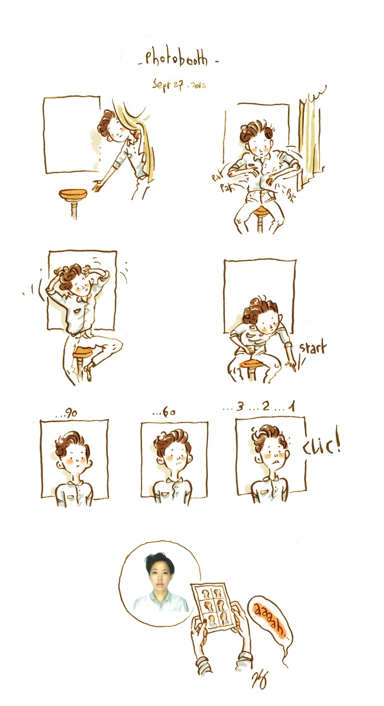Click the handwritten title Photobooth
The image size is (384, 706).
(x=178, y=59)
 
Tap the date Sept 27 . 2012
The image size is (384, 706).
(x=179, y=84)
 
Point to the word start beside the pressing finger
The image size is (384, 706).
(x=312, y=348)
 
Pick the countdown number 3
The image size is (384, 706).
(x=240, y=407)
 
